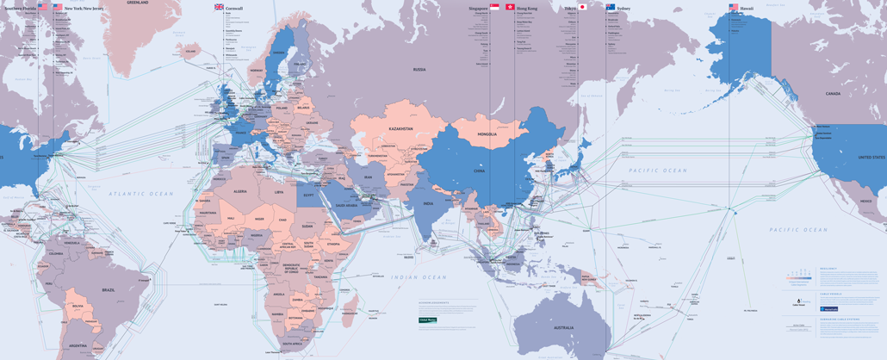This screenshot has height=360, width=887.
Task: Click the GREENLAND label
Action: click(138, 3)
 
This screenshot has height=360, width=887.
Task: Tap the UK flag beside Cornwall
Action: click(220, 8)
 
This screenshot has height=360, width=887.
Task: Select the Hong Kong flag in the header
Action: click(510, 7)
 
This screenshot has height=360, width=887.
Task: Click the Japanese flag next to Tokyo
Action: click(583, 7)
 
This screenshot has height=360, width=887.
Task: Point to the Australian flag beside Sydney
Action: click(611, 7)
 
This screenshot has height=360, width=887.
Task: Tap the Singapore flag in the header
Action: click(494, 7)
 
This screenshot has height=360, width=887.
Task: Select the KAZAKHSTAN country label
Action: click(400, 129)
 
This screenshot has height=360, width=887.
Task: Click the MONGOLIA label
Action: click(487, 134)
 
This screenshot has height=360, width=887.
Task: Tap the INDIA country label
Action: click(428, 203)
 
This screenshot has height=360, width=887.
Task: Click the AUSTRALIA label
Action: click(564, 327)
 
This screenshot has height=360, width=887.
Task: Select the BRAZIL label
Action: click(109, 290)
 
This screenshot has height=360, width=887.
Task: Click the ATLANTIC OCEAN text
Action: click(141, 194)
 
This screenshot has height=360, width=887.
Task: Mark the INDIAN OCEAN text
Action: click(419, 276)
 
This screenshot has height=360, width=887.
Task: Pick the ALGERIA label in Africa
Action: click(240, 191)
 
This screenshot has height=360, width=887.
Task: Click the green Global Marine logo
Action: click(427, 320)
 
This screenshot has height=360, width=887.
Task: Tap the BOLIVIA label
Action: click(78, 305)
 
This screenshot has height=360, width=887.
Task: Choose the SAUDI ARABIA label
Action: click(347, 205)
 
